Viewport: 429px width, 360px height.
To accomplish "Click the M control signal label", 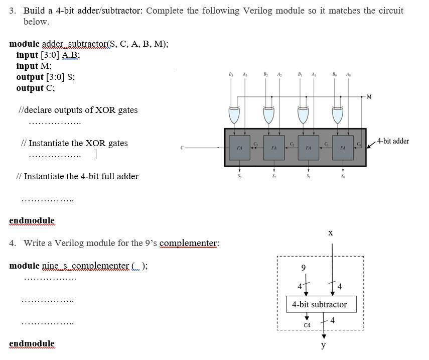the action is point(369,97).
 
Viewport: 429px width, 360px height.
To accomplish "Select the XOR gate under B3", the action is point(234,115).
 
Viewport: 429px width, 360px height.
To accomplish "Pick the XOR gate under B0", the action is point(337,115).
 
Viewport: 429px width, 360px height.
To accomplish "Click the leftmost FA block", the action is point(240,148).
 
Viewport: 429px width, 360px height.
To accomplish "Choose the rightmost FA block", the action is point(343,148).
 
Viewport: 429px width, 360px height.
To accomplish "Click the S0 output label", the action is point(343,176).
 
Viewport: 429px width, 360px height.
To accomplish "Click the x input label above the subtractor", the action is point(330,233).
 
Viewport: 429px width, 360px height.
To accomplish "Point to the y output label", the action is point(324,345).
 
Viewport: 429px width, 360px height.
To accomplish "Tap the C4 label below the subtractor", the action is point(307,325).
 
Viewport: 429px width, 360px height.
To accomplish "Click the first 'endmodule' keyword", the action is point(32,220).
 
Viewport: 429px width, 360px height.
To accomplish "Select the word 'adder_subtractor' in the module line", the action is point(70,44).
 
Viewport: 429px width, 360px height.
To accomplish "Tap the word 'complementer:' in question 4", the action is point(189,243).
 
